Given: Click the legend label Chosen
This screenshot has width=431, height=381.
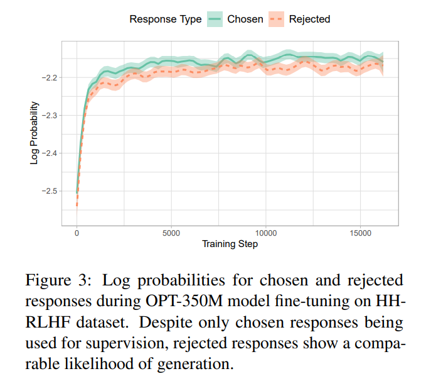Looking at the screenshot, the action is [245, 19].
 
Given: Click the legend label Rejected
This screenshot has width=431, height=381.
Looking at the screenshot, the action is [309, 19].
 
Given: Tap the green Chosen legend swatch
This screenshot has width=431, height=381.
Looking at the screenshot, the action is [215, 19].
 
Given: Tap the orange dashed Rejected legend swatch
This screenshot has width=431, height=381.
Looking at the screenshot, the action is [276, 19].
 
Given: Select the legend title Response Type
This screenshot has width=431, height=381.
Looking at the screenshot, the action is [166, 19].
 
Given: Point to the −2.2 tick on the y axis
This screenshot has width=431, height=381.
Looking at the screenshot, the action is [50, 78].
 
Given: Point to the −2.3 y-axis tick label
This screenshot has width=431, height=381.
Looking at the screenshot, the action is [50, 116].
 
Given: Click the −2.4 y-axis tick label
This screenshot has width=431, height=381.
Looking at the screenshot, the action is [50, 153].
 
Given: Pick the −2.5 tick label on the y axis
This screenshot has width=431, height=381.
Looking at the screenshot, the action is [50, 191].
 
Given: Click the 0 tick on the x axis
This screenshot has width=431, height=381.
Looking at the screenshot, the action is [77, 233].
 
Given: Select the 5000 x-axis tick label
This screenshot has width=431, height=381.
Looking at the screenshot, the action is [171, 233].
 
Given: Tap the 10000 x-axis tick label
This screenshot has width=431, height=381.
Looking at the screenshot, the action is [266, 233].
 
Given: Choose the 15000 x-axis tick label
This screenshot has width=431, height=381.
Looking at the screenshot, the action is [360, 233].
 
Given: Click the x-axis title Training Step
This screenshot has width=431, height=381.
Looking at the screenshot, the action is [230, 244].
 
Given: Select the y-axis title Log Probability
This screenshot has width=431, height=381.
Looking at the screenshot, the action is [34, 133].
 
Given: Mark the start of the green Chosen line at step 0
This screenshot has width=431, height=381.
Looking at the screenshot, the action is [77, 193].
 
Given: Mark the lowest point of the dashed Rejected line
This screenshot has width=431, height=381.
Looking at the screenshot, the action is [77, 206].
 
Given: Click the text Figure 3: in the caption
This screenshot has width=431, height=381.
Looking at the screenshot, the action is [58, 280].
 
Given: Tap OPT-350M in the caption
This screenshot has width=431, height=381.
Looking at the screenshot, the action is [184, 301].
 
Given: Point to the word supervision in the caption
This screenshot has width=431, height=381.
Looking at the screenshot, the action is [127, 344].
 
